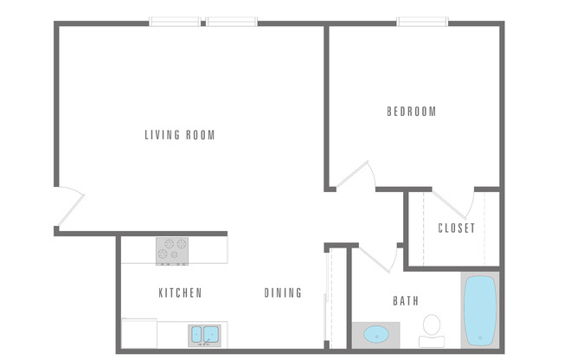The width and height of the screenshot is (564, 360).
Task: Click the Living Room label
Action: click(179, 135)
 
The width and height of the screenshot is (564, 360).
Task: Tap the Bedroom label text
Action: click(411, 112)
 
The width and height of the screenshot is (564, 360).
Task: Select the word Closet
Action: click(456, 228)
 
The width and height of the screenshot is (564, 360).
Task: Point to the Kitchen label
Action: click(180, 293)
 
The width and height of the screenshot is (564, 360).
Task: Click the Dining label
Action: click(283, 293)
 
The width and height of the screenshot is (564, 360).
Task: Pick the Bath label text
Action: click(406, 301)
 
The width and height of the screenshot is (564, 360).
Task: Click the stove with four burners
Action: click(172, 250)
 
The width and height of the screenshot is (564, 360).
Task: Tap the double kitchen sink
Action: click(204, 333)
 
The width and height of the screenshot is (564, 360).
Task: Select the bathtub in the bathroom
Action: click(480, 311)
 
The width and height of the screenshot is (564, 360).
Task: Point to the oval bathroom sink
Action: click(375, 333)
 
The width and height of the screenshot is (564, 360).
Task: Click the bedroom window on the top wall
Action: click(422, 22)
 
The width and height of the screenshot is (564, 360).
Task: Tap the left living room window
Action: click(176, 22)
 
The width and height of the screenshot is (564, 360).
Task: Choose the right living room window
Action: click(232, 22)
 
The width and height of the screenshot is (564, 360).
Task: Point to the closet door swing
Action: click(461, 203)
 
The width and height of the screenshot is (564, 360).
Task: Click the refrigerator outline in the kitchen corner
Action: click(138, 333)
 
